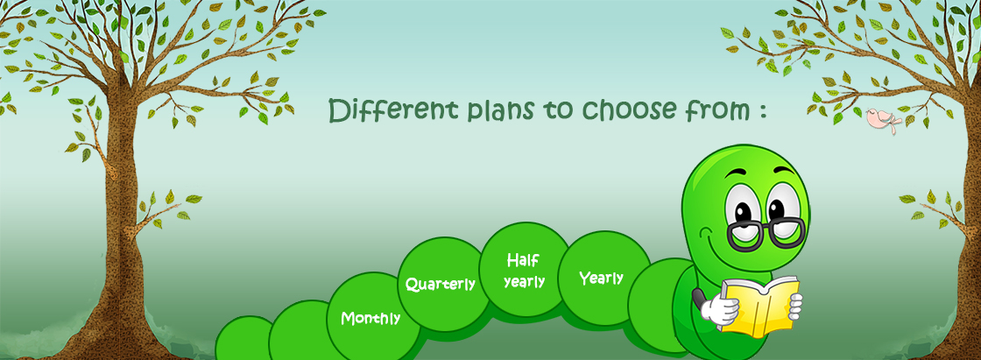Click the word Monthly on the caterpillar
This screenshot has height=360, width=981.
371,318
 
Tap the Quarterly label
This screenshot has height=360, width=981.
441,285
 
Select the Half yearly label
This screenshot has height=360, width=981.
525,271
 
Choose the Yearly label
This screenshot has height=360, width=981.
601,278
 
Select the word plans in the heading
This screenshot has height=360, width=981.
499,111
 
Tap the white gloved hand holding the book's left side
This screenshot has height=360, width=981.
718,309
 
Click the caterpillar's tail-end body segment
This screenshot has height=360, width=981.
243,340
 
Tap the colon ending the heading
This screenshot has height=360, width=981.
762,112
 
